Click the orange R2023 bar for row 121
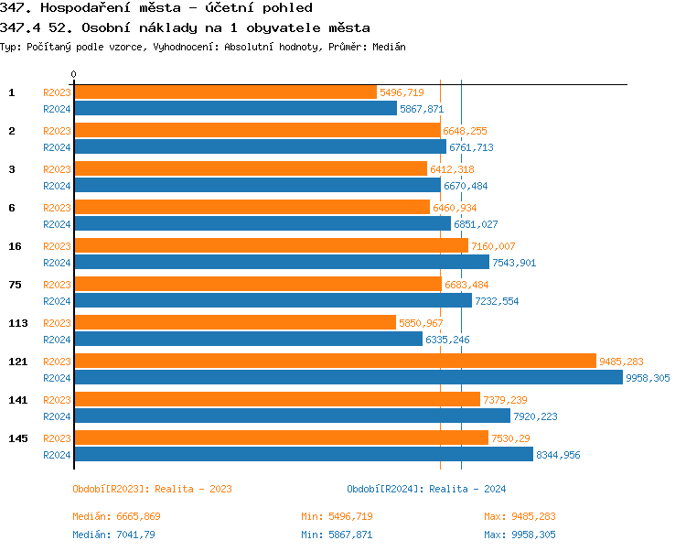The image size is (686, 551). [334, 362]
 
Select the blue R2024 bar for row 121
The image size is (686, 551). [348, 378]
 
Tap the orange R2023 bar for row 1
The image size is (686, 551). [225, 92]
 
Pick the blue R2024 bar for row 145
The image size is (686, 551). [303, 455]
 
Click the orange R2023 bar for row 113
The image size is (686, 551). [234, 323]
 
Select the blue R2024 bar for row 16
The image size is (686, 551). [281, 263]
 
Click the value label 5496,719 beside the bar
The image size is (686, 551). [401, 92]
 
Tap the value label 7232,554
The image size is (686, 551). [497, 301]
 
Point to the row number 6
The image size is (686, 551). [12, 208]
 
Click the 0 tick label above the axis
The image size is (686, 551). [74, 74]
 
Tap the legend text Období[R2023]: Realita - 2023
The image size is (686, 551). [152, 489]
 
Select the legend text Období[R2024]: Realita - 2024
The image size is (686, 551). [426, 489]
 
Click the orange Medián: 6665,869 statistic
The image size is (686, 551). [116, 516]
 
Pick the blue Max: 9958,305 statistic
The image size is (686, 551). [520, 535]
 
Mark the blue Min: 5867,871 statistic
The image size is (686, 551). [337, 535]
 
